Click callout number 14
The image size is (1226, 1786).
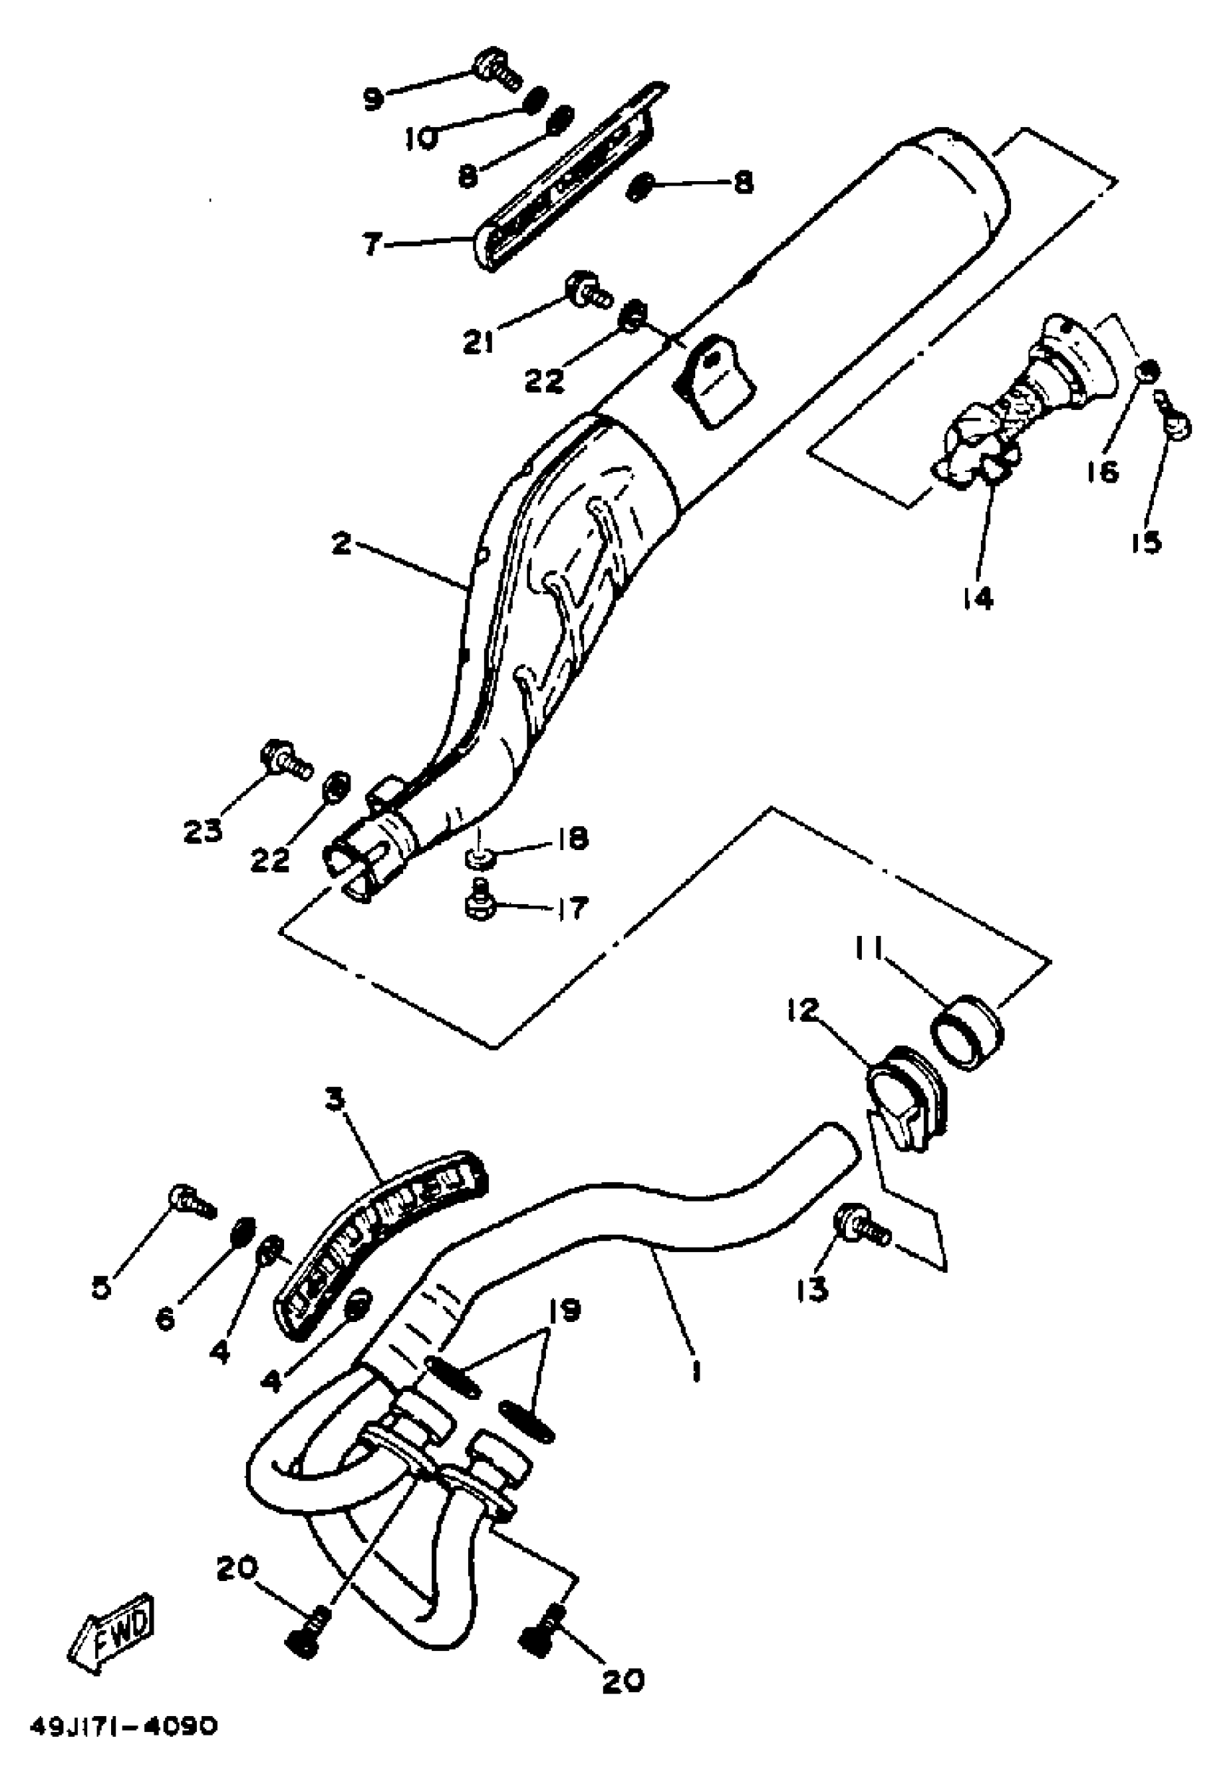[977, 597]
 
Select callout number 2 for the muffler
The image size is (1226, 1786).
[341, 544]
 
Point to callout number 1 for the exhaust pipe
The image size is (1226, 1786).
[695, 1370]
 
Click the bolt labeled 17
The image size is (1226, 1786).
[480, 906]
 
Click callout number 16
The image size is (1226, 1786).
[1104, 471]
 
